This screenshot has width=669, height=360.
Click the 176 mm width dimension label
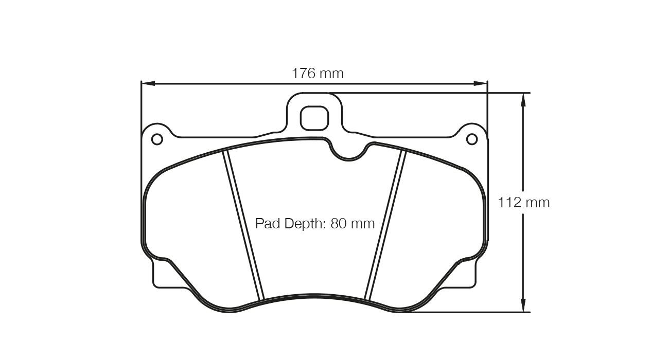(318, 74)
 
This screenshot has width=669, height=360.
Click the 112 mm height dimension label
(523, 203)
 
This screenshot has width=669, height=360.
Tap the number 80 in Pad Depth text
(340, 224)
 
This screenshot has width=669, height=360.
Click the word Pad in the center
(267, 224)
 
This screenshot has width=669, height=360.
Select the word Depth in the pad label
(303, 224)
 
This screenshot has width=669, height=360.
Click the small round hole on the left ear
(157, 139)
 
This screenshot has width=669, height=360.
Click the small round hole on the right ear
(471, 139)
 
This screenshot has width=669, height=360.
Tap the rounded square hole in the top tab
(314, 118)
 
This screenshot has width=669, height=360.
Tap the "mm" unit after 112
(537, 203)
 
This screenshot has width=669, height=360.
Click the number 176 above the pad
(304, 74)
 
